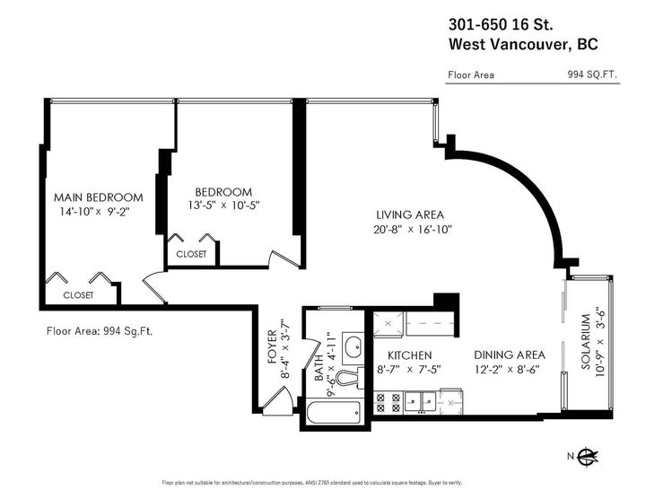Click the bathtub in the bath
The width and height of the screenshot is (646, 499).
click(334, 412)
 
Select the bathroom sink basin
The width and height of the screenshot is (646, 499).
click(354, 347)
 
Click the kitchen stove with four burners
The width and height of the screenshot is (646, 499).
click(388, 403)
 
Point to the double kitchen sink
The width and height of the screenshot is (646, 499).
click(420, 401)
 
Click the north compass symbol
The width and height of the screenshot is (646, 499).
click(587, 456)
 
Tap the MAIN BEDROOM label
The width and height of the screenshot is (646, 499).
click(99, 197)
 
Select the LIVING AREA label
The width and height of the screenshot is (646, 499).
click(410, 214)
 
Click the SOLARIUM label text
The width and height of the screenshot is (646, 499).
click(586, 342)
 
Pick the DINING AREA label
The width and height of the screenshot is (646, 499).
click(510, 355)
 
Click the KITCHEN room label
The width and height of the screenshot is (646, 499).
click(409, 355)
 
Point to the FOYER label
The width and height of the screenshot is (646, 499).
click(273, 346)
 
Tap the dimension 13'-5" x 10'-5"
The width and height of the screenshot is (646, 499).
click(223, 205)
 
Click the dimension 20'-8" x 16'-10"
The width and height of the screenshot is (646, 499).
click(413, 229)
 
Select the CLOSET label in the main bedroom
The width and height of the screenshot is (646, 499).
click(78, 295)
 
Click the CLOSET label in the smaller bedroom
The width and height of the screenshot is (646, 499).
click(191, 254)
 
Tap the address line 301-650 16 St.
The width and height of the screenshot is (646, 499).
click(501, 25)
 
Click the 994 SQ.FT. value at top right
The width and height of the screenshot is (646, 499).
click(592, 74)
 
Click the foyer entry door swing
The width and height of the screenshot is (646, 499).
click(277, 398)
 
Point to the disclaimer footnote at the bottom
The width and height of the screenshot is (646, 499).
click(312, 483)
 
